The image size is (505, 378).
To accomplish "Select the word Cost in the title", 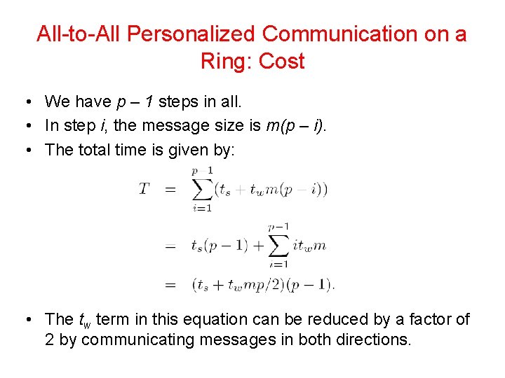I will (282, 62).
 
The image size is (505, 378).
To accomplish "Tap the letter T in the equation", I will (144, 189).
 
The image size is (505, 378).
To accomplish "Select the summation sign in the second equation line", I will (278, 246).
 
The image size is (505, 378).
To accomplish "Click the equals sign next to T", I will (170, 189).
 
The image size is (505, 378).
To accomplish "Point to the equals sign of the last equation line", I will (170, 285).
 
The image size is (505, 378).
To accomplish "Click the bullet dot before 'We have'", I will (25, 102).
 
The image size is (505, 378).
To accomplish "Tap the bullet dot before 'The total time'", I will (25, 150).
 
